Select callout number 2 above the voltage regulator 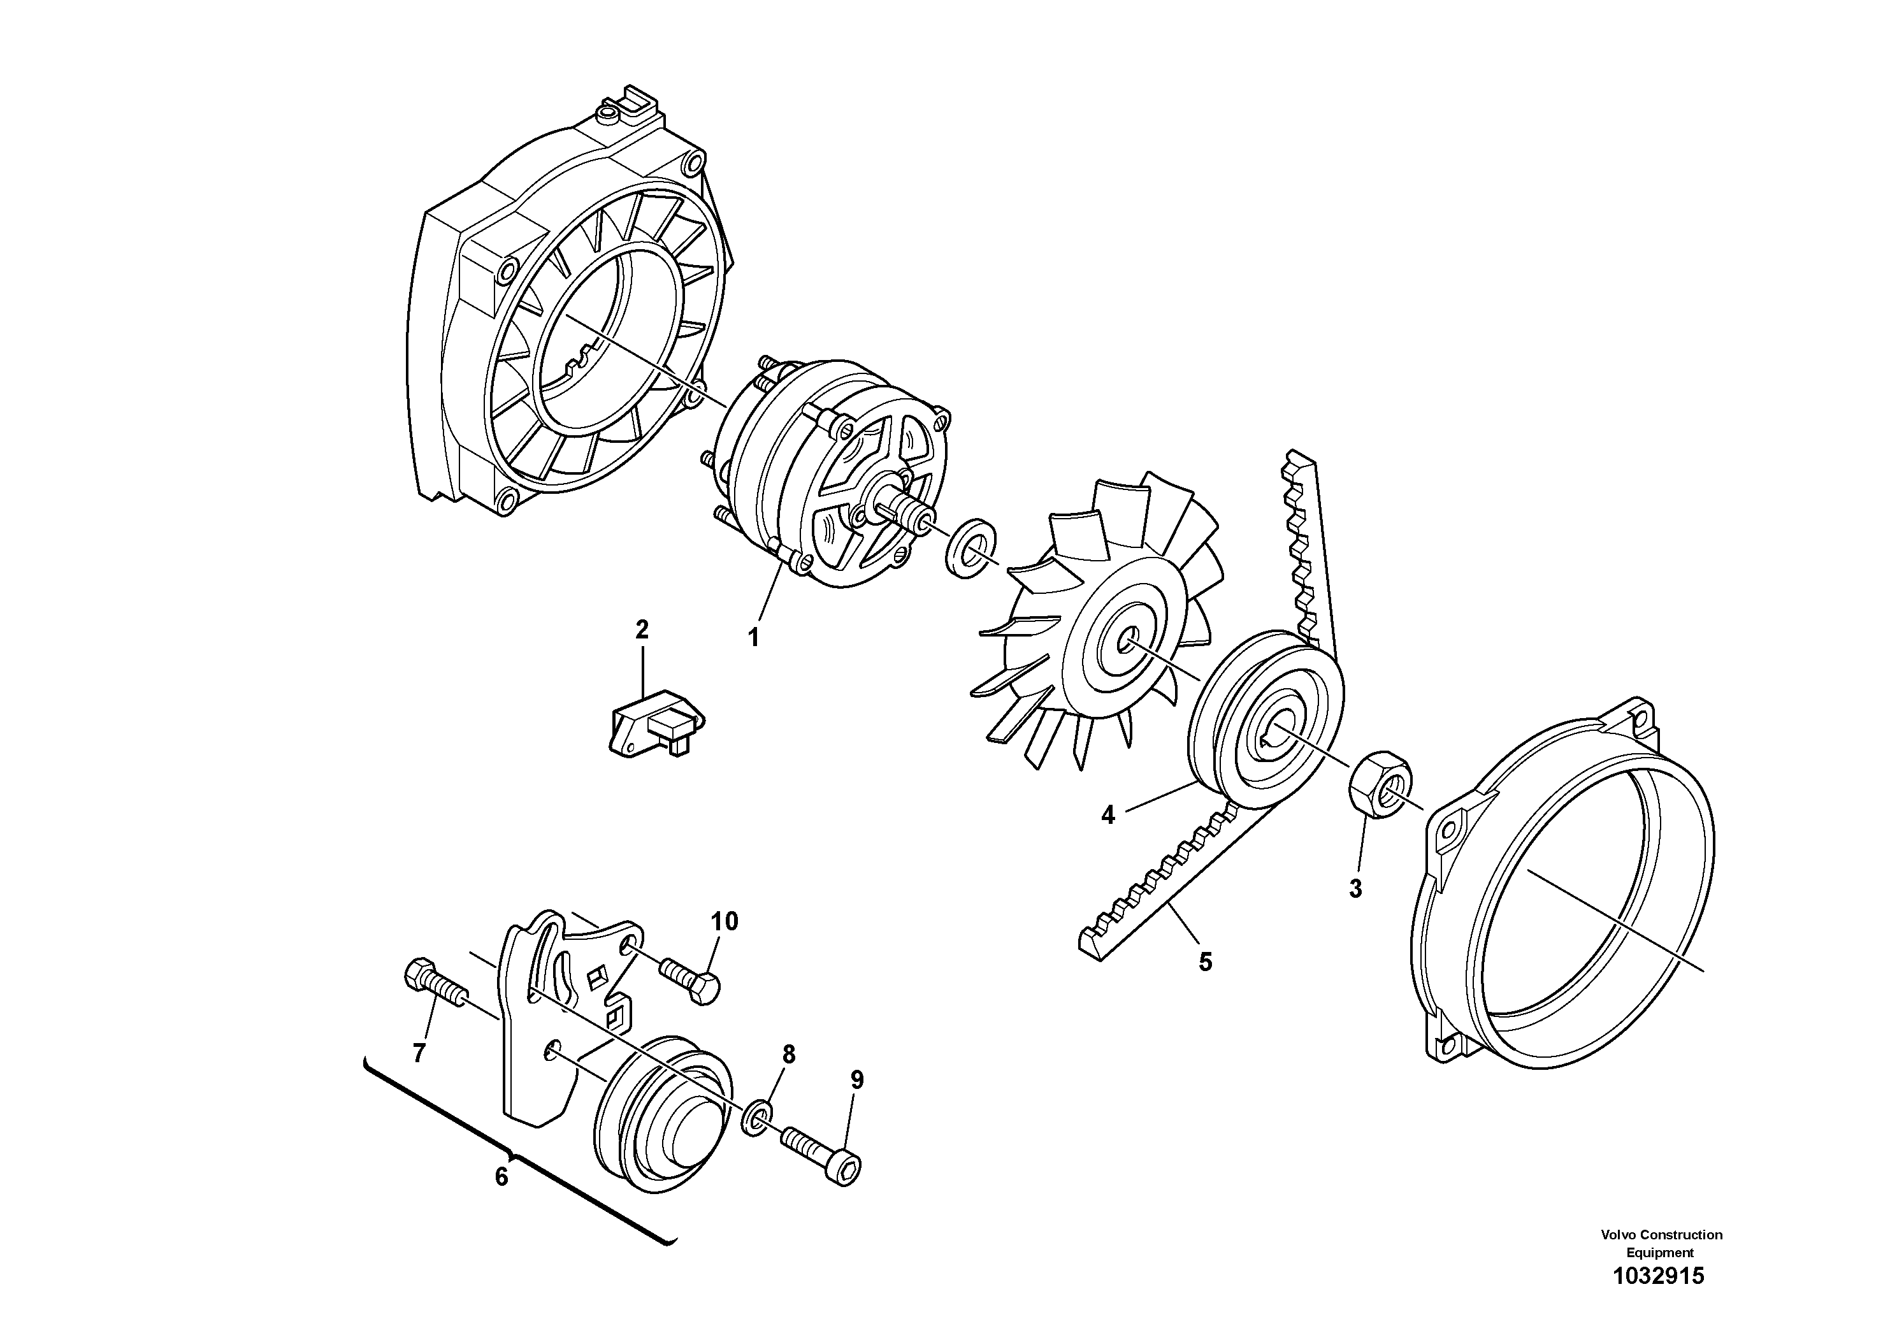[x=642, y=630]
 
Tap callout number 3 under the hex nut [x=1355, y=889]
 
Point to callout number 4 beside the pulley [x=1108, y=816]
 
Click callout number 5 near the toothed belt [x=1206, y=962]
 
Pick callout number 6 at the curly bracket [x=501, y=1176]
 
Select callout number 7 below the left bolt [x=419, y=1053]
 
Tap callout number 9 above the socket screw [x=857, y=1080]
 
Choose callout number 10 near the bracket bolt [x=725, y=921]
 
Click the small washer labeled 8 [x=758, y=1118]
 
